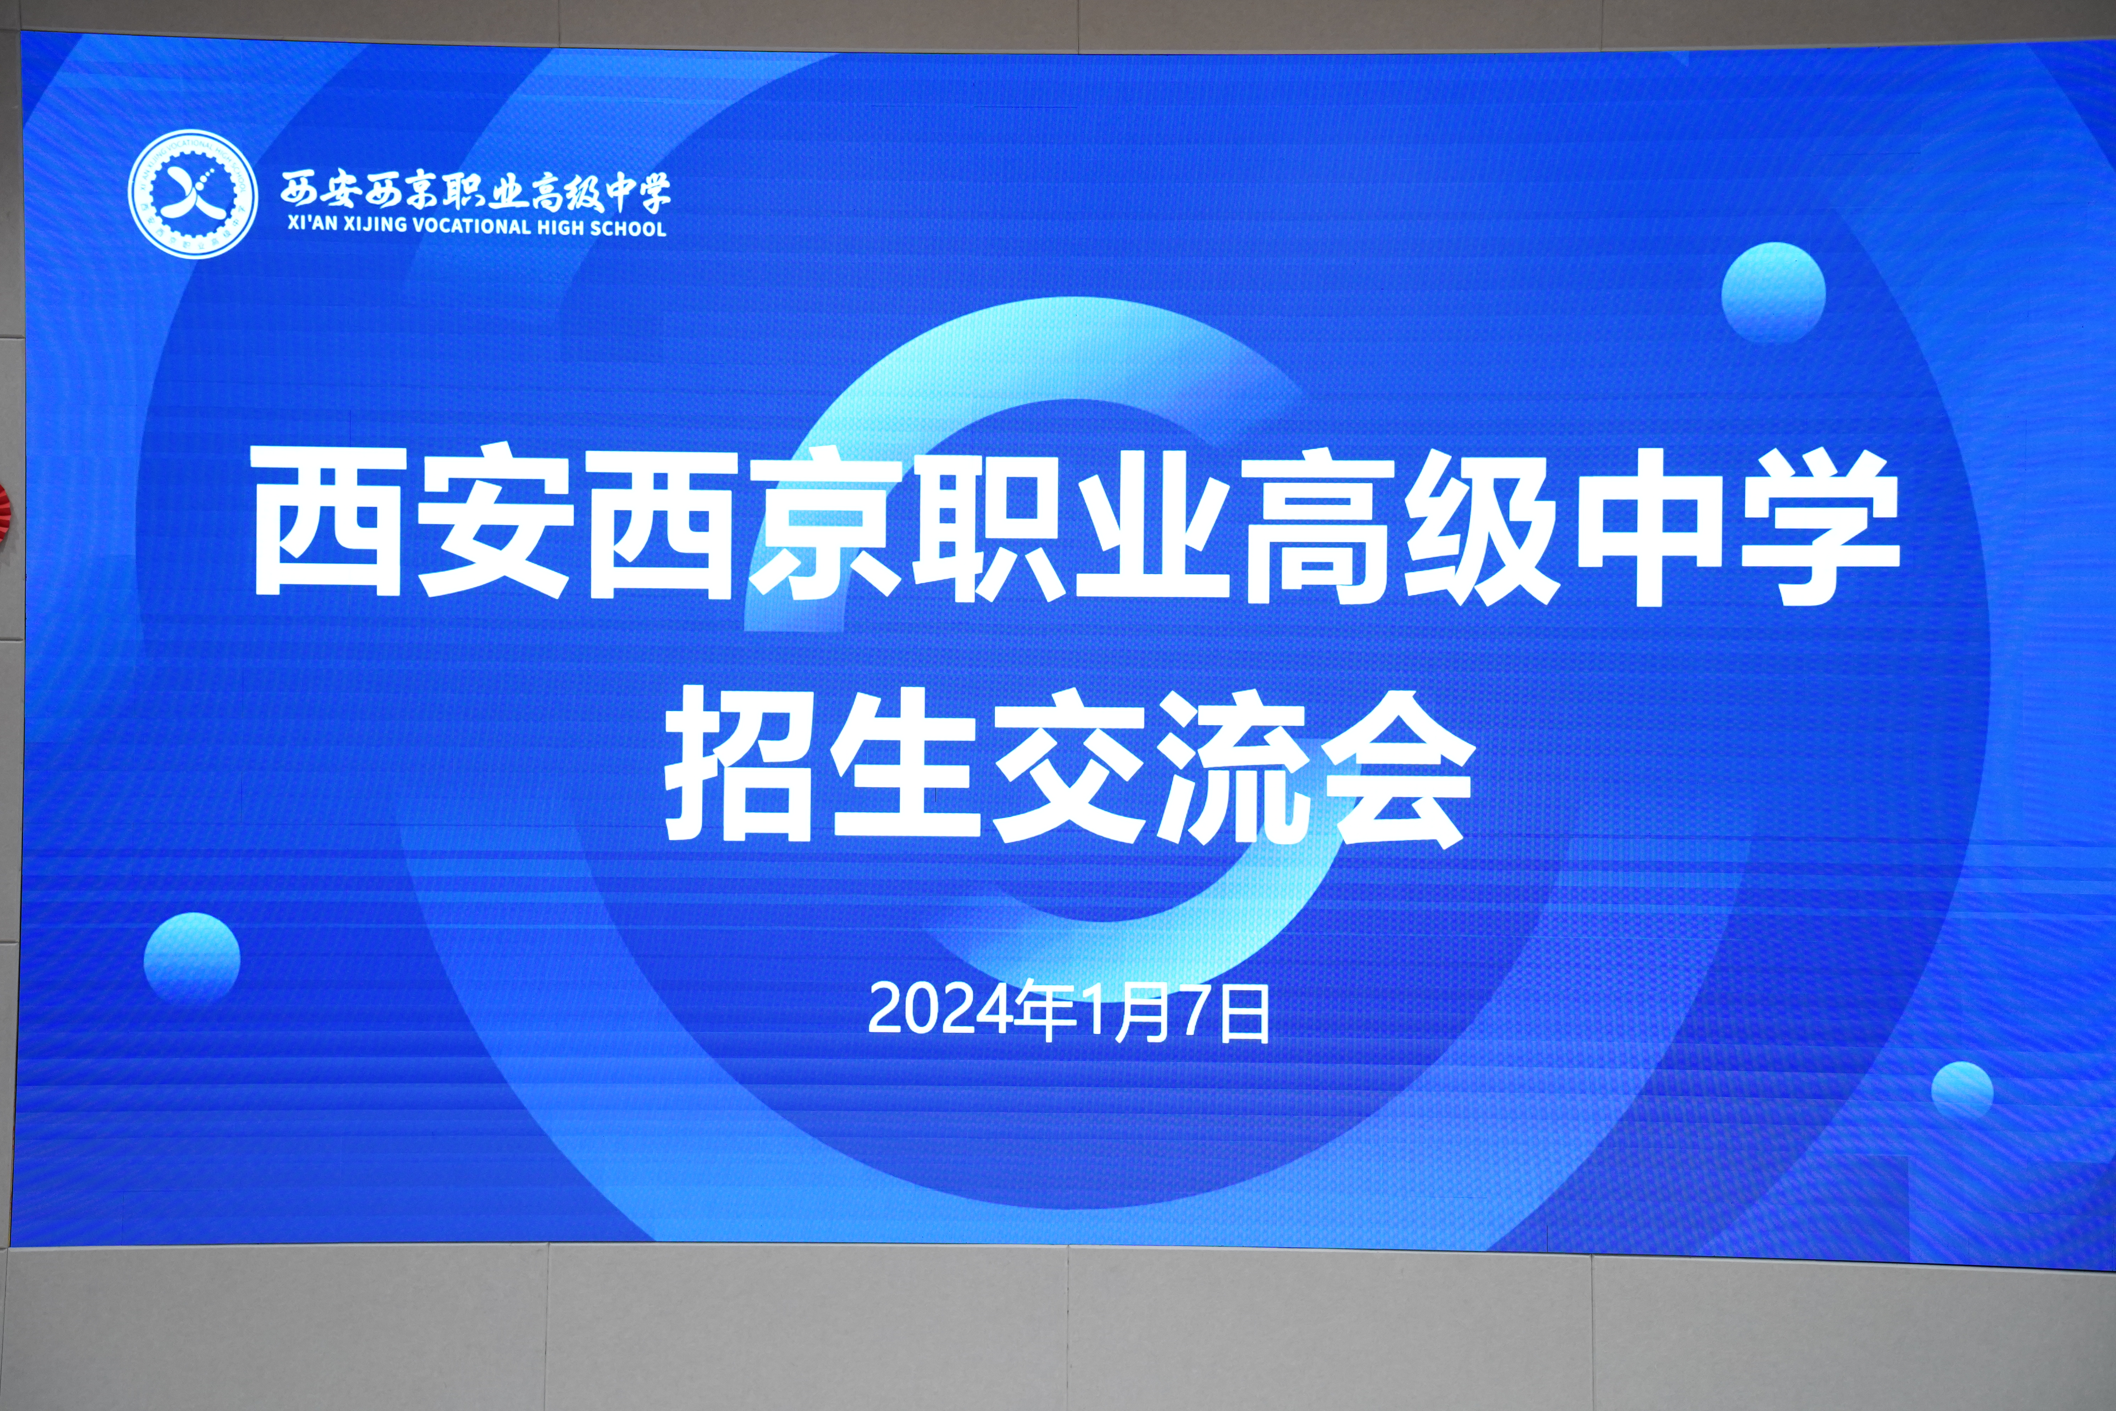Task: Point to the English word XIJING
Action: pyautogui.click(x=376, y=224)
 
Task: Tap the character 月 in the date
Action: pyautogui.click(x=1143, y=1012)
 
